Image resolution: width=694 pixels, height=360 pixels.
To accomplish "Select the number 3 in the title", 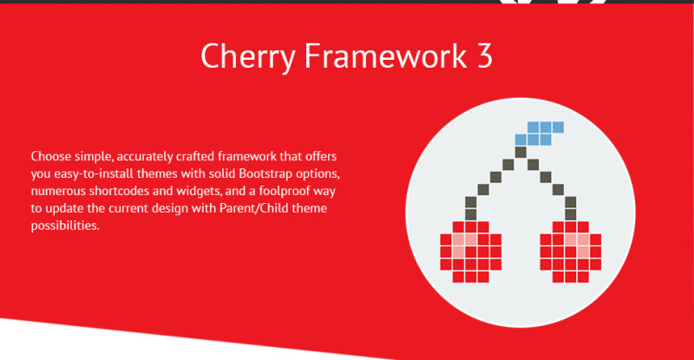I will pyautogui.click(x=484, y=56).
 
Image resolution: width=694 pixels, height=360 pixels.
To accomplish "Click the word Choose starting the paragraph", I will pyautogui.click(x=53, y=157).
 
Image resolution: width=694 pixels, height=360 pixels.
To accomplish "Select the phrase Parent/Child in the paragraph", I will pyautogui.click(x=264, y=209).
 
